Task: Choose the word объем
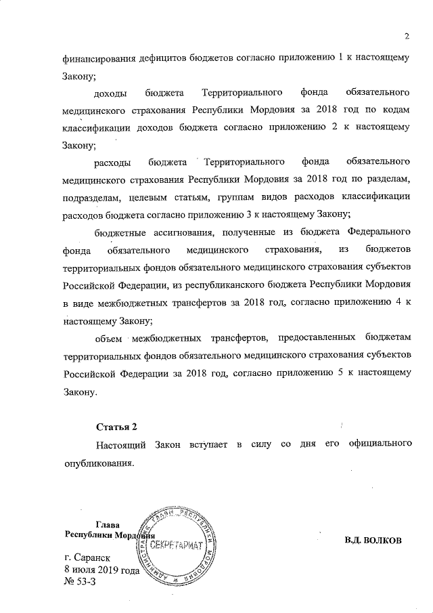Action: [110, 338]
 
